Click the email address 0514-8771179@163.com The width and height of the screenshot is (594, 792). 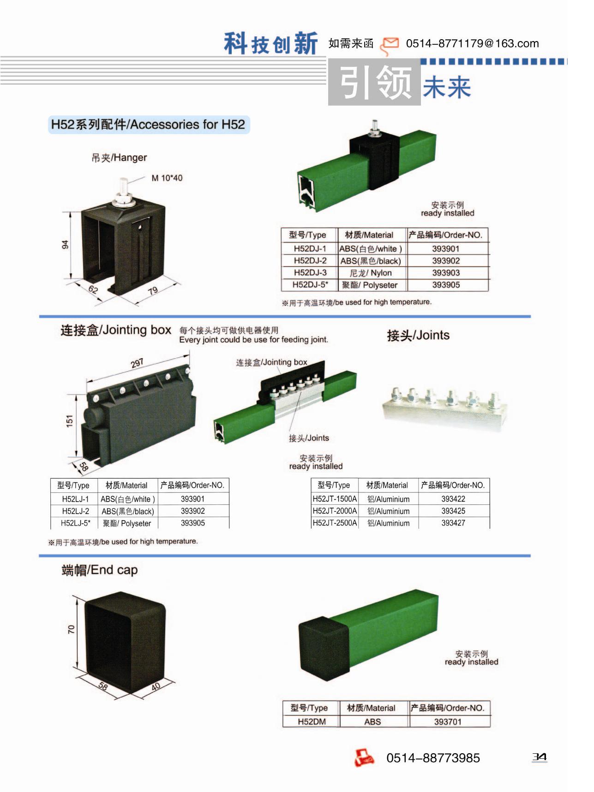coord(472,43)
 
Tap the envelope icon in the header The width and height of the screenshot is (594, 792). coord(389,45)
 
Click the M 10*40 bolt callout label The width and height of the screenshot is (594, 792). coord(167,178)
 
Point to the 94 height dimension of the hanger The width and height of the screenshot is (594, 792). coord(66,245)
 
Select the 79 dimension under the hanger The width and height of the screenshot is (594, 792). coord(153,290)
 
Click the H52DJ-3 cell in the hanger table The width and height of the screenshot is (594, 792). coord(310,272)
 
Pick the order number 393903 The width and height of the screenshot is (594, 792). coord(446,273)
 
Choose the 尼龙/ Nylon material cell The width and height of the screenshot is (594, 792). coord(371,273)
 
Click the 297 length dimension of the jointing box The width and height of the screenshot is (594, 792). coord(137,363)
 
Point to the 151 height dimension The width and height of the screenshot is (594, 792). coord(70,421)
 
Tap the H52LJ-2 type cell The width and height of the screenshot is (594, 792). coord(76,511)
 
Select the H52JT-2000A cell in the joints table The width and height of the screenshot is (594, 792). coord(335,511)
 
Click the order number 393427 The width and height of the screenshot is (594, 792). coord(453,523)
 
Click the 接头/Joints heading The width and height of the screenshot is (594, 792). coord(418,335)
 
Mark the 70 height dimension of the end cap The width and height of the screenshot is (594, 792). coord(71,629)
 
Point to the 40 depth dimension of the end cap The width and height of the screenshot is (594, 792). coord(156,686)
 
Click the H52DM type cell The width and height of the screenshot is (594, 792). coord(312,721)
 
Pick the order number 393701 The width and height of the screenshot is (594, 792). coord(448,721)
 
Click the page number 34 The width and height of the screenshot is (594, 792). coord(539,757)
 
